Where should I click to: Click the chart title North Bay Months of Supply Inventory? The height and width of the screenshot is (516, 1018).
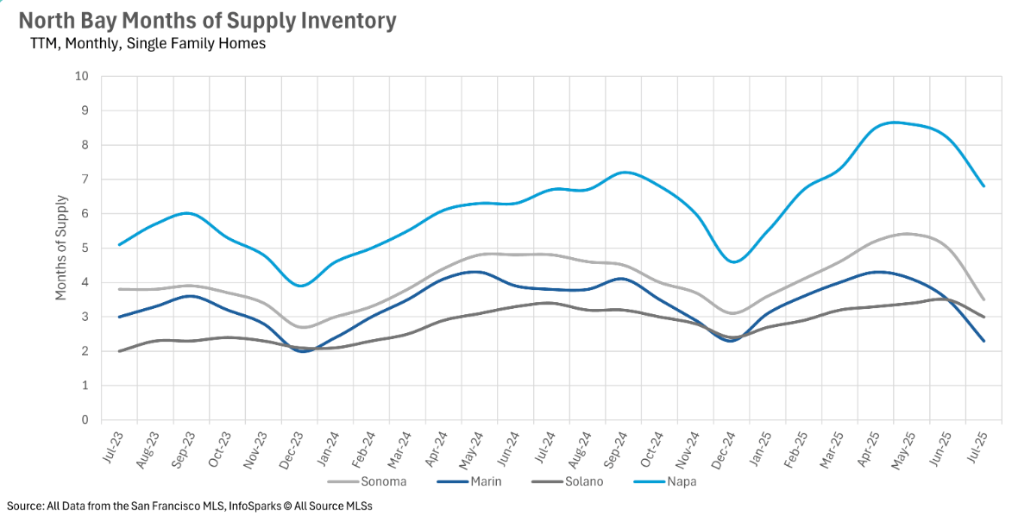coord(207,21)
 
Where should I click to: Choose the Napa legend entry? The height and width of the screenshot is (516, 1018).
coord(681,481)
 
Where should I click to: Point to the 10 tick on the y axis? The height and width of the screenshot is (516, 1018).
coord(82,76)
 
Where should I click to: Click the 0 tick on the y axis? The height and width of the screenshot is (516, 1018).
coord(85,420)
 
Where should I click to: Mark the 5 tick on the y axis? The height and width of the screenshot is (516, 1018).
coord(85,249)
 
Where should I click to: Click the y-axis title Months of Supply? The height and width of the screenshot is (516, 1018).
coord(61,249)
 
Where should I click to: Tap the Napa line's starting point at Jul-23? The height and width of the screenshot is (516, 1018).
coord(119,244)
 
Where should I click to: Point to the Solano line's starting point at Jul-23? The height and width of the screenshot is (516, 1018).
coord(119,351)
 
